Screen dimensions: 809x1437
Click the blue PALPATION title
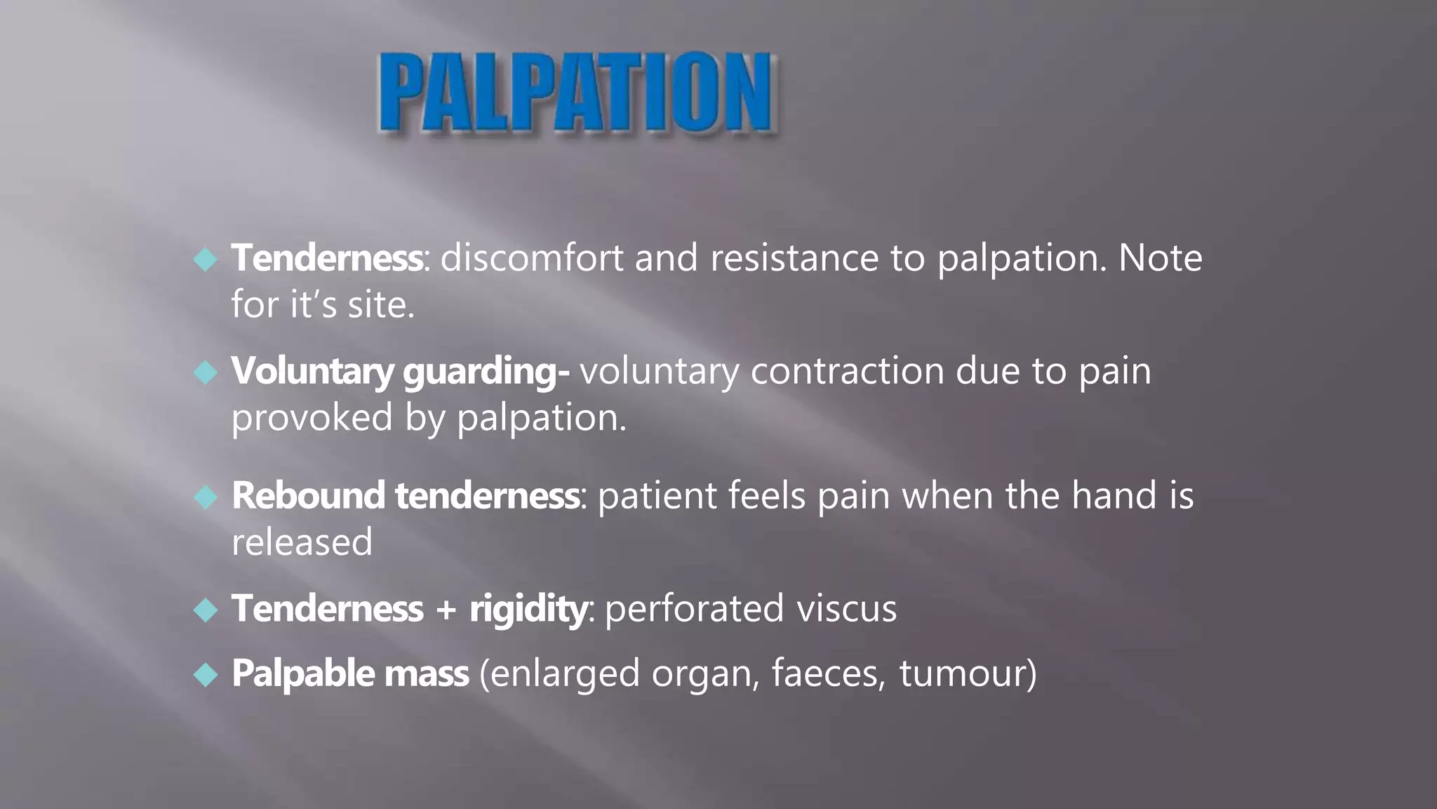click(x=575, y=92)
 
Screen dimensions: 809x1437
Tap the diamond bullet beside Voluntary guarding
click(x=206, y=371)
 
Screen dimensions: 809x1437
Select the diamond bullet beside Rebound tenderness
click(x=206, y=496)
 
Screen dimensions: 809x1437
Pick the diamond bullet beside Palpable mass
click(x=206, y=674)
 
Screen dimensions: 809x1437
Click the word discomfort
click(x=531, y=258)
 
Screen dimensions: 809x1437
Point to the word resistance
click(x=794, y=258)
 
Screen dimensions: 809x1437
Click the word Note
click(x=1160, y=258)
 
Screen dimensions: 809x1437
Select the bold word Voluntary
click(x=312, y=371)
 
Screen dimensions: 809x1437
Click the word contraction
click(x=847, y=371)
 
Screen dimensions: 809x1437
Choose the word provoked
click(x=312, y=419)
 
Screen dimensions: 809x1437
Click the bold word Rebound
click(x=308, y=496)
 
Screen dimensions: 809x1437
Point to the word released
click(x=302, y=542)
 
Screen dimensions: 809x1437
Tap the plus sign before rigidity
click(x=446, y=609)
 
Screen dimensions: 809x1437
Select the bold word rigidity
click(x=528, y=609)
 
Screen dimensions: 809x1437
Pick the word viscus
click(x=846, y=609)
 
